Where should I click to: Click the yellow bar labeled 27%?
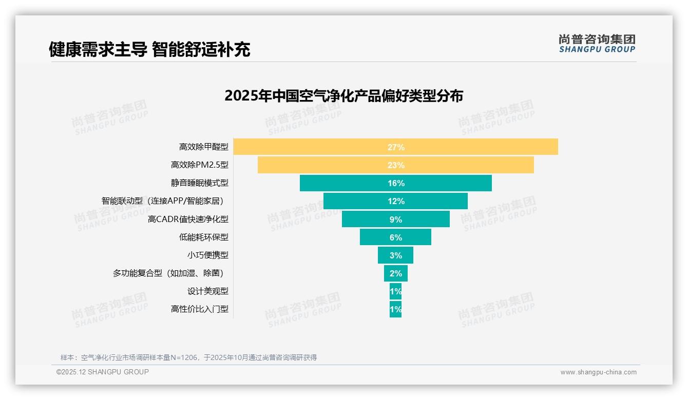pyautogui.click(x=395, y=147)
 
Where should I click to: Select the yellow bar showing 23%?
pyautogui.click(x=395, y=165)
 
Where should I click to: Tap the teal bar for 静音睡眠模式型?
pyautogui.click(x=395, y=183)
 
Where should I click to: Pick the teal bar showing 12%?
pyautogui.click(x=395, y=201)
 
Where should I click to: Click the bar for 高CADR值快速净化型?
pyautogui.click(x=395, y=219)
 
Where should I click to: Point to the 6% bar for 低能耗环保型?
pyautogui.click(x=395, y=237)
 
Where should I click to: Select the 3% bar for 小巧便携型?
pyautogui.click(x=395, y=255)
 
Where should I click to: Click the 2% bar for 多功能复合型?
pyautogui.click(x=395, y=273)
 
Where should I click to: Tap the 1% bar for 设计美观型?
pyautogui.click(x=395, y=291)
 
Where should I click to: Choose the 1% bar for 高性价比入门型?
pyautogui.click(x=395, y=309)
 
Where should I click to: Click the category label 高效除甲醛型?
pyautogui.click(x=203, y=147)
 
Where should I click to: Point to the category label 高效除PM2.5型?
pyautogui.click(x=199, y=165)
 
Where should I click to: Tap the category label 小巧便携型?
pyautogui.click(x=207, y=255)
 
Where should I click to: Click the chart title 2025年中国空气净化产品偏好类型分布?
pyautogui.click(x=343, y=96)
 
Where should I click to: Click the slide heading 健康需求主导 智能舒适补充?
pyautogui.click(x=149, y=49)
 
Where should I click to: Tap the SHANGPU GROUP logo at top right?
pyautogui.click(x=597, y=44)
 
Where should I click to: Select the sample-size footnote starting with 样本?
pyautogui.click(x=188, y=357)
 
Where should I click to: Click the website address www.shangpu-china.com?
pyautogui.click(x=598, y=372)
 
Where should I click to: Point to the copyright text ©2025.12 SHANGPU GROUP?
pyautogui.click(x=103, y=372)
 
